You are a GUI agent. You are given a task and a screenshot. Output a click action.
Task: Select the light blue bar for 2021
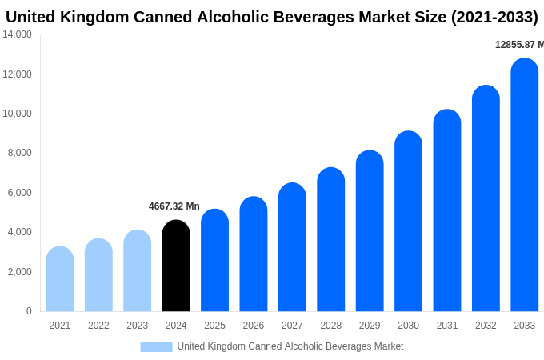click(x=60, y=279)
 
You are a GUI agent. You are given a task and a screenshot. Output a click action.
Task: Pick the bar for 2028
click(x=331, y=239)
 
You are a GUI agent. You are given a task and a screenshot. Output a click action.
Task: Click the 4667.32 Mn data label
click(x=174, y=206)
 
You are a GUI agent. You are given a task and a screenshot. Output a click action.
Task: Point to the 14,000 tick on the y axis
click(x=18, y=34)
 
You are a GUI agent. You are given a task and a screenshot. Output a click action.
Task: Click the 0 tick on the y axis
click(x=29, y=311)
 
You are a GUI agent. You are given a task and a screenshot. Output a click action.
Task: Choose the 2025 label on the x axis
click(x=214, y=326)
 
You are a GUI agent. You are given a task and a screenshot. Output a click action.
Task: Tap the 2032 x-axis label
click(x=486, y=326)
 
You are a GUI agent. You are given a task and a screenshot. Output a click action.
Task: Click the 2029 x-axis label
click(x=370, y=326)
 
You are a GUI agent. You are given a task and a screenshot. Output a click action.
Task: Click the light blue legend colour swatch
click(x=156, y=346)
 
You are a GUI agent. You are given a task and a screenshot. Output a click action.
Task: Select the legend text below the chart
click(x=290, y=346)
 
